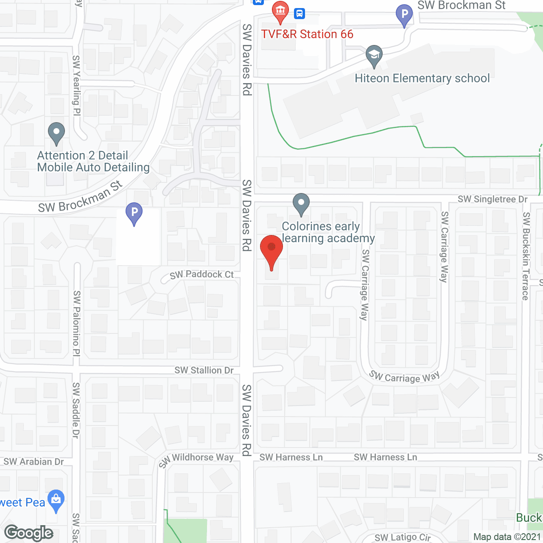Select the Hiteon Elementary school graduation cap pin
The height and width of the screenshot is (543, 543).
[x=374, y=55]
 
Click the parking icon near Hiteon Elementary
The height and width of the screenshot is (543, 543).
[x=404, y=14]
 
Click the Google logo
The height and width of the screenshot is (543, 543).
[x=29, y=533]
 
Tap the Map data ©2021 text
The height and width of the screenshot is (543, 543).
[x=507, y=537]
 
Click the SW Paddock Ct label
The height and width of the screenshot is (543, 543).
[x=202, y=274]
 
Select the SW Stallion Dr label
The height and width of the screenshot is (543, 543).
[x=204, y=370]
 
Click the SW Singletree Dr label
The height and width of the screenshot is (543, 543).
[x=493, y=199]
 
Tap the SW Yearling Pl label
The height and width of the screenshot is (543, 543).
[x=76, y=85]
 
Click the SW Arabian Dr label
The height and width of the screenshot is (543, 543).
[x=34, y=462]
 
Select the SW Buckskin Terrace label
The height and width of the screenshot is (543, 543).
[x=526, y=256]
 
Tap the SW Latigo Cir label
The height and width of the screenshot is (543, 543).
[x=403, y=537]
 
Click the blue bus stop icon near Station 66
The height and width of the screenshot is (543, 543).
[x=299, y=14]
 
